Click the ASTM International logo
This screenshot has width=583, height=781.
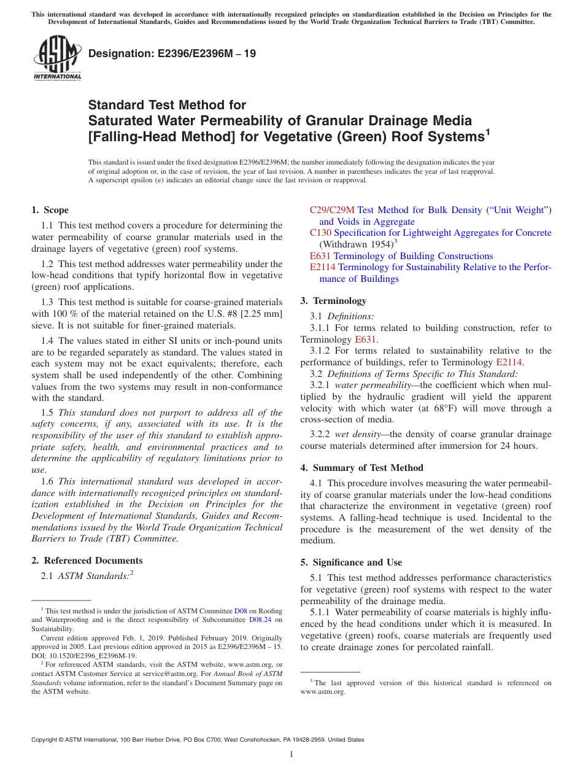57,58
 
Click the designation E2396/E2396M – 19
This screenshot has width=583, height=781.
172,53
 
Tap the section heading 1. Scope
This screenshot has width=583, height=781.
50,210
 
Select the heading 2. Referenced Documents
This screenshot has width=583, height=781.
87,561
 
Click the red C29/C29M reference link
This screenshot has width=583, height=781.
332,210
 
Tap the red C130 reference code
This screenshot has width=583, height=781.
320,233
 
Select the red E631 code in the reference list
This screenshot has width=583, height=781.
320,256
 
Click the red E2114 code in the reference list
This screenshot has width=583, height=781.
322,267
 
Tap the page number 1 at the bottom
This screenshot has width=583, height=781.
291,754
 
